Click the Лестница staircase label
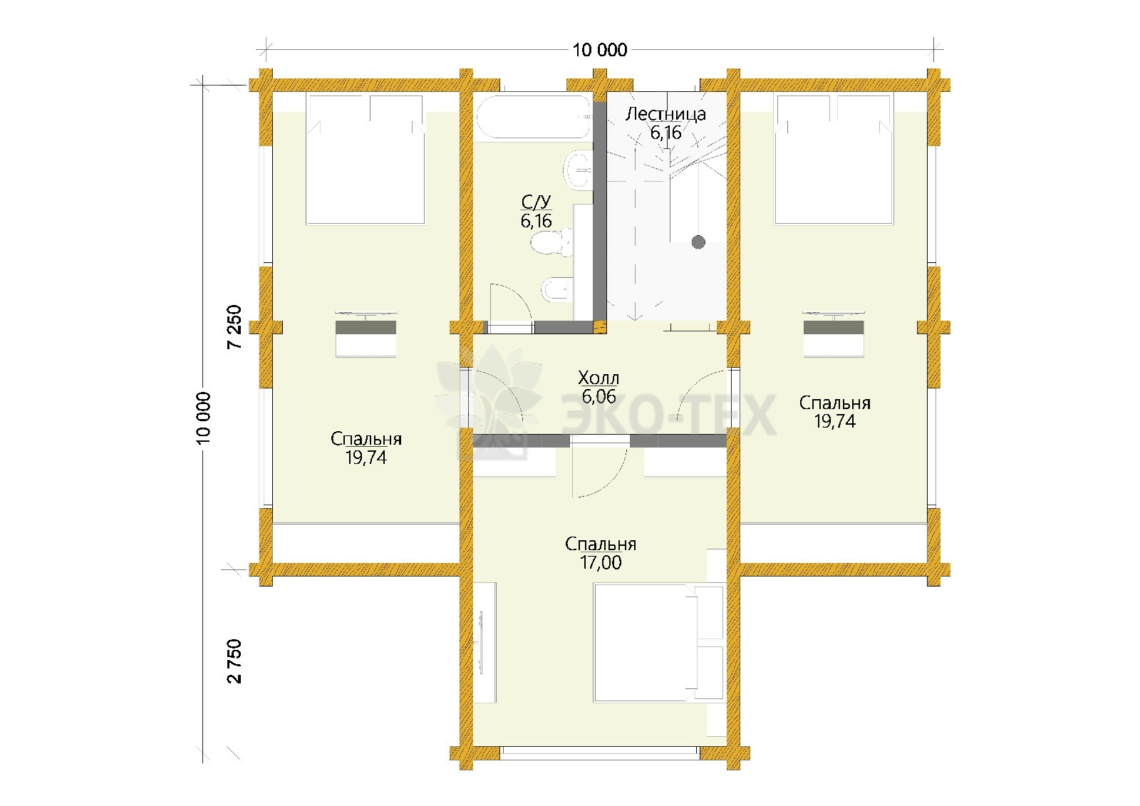pyautogui.click(x=665, y=114)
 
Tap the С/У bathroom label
pyautogui.click(x=536, y=202)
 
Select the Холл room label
pyautogui.click(x=598, y=378)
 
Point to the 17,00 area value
pyautogui.click(x=601, y=562)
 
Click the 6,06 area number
pyautogui.click(x=599, y=396)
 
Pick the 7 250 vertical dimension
pyautogui.click(x=234, y=326)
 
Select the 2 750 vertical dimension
pyautogui.click(x=234, y=661)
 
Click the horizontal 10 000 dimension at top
pyautogui.click(x=600, y=50)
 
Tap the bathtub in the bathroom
pyautogui.click(x=533, y=116)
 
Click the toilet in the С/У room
pyautogui.click(x=551, y=242)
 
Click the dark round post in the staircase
pyautogui.click(x=698, y=242)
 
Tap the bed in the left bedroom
pyautogui.click(x=365, y=160)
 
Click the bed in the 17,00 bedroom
pyautogui.click(x=658, y=643)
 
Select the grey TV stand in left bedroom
pyautogui.click(x=366, y=327)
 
